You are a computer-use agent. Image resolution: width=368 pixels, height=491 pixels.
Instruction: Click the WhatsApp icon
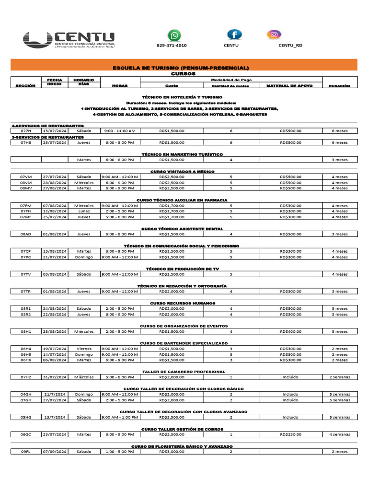[175, 35]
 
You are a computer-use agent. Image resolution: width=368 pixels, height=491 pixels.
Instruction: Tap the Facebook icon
[234, 35]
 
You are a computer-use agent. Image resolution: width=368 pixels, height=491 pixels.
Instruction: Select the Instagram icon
[274, 35]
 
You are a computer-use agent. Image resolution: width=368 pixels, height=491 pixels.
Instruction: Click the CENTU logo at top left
[69, 40]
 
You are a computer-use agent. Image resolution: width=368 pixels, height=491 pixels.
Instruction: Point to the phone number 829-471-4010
[172, 46]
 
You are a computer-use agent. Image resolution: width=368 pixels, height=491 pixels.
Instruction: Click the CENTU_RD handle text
[290, 46]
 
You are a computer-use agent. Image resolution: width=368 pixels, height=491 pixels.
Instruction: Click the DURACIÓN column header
[340, 86]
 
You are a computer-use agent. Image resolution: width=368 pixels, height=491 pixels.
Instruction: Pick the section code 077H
[26, 131]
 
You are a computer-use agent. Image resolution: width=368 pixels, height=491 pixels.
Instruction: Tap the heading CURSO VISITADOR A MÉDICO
[183, 171]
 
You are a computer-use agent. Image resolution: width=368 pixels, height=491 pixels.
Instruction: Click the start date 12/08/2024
[55, 211]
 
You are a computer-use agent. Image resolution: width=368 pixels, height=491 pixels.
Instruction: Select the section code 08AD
[26, 234]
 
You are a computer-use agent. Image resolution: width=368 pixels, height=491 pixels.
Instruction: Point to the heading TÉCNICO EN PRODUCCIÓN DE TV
[183, 269]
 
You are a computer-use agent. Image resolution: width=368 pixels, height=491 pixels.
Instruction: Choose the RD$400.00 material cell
[291, 331]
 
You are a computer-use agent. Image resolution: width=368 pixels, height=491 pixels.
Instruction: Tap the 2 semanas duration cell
[340, 377]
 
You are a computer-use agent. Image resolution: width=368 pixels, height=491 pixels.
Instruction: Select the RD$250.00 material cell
[291, 434]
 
